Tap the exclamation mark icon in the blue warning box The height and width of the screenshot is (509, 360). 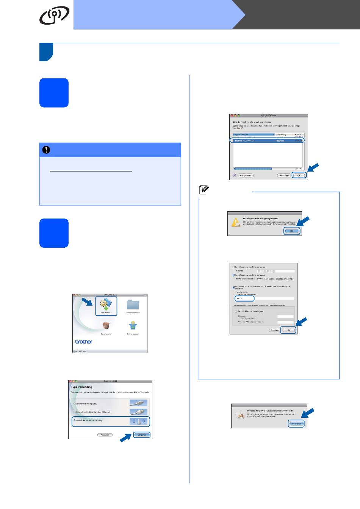[46, 150]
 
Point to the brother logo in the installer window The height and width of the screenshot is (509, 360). [84, 342]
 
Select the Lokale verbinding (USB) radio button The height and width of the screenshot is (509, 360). [75, 404]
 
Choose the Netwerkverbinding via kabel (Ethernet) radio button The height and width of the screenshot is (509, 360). [75, 412]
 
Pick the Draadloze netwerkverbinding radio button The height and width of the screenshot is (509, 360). [75, 420]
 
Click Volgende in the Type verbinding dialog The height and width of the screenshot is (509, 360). [142, 435]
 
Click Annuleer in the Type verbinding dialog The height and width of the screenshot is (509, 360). [105, 435]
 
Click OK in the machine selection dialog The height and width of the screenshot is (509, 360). [299, 175]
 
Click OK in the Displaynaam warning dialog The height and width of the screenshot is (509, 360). [292, 231]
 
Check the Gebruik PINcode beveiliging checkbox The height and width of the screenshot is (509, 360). [236, 311]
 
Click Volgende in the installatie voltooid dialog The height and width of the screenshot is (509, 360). [296, 423]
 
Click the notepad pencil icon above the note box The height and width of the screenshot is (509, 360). [203, 190]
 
